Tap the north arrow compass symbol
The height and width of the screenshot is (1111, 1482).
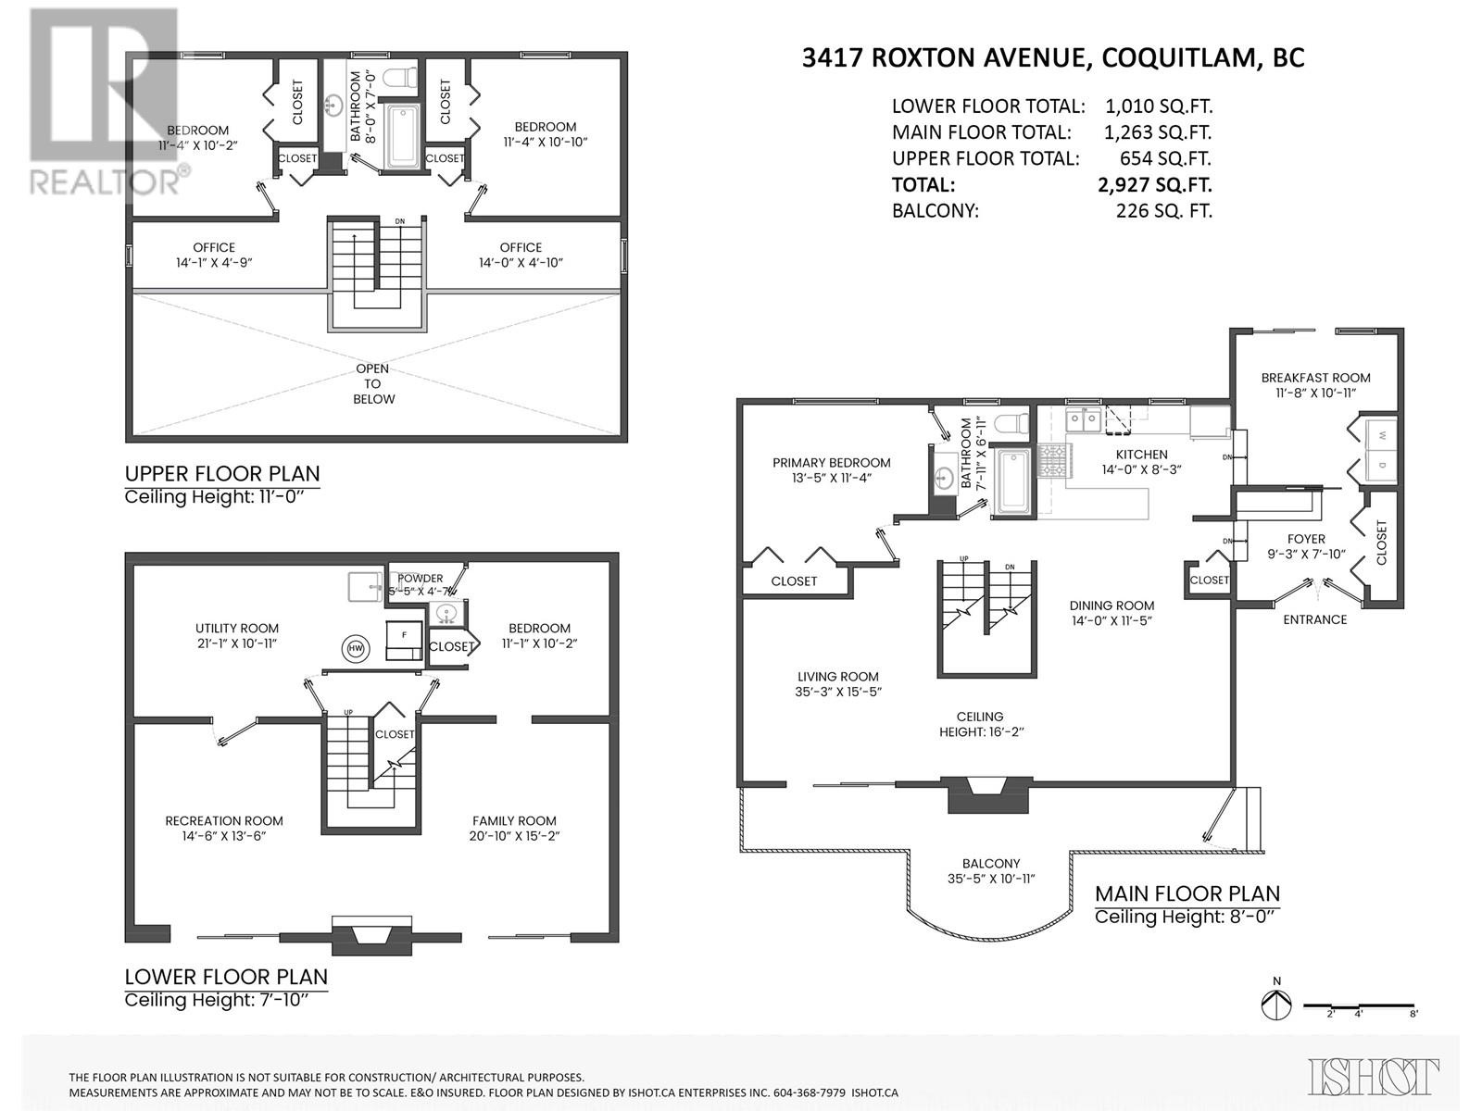click(x=1276, y=1005)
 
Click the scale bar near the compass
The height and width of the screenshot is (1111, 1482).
click(x=1360, y=1005)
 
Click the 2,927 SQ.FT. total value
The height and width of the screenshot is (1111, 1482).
click(x=1154, y=184)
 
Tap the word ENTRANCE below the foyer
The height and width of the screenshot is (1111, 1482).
click(x=1314, y=619)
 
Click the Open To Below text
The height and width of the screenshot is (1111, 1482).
click(x=372, y=383)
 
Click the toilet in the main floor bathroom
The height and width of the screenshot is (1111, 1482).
click(x=1011, y=423)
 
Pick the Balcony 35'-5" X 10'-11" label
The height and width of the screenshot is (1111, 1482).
click(x=990, y=870)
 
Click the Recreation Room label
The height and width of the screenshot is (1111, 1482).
click(x=224, y=828)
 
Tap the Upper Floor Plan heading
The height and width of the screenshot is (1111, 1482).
click(x=222, y=474)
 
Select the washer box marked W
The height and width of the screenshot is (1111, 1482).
click(x=1381, y=435)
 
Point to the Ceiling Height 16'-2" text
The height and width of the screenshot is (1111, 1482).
click(x=979, y=724)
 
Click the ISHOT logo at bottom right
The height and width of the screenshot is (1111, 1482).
click(x=1373, y=1076)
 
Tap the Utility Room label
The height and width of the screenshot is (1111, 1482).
click(x=236, y=635)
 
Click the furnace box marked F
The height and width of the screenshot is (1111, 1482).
click(x=404, y=635)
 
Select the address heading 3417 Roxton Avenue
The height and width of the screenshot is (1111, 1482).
click(x=1053, y=57)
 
